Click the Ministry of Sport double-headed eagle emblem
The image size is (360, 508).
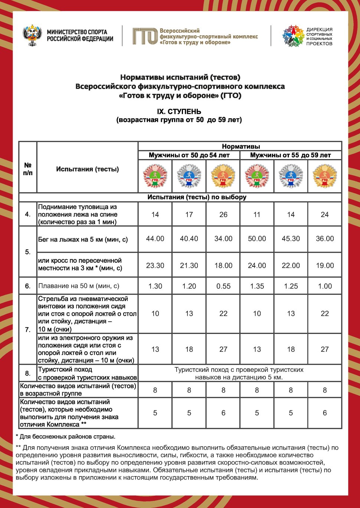pos(32,36)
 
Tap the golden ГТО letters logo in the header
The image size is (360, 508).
pos(145,36)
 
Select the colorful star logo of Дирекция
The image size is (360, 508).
pos(293,36)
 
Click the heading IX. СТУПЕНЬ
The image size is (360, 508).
pos(179,112)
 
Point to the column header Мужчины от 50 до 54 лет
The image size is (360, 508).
pos(189,155)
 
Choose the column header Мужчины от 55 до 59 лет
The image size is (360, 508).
pos(290,155)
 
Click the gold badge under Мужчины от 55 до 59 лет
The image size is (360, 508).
pos(325,176)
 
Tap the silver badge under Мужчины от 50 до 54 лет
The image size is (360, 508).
pos(189,176)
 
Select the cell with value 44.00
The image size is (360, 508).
pos(155,239)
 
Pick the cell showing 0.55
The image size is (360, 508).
pos(223,286)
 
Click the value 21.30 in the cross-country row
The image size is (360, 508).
pos(189,265)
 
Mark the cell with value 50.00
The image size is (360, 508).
pos(257,239)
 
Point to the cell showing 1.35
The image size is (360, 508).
pos(257,286)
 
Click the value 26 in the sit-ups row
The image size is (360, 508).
pos(223,214)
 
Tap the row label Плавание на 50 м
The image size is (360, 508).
pos(79,286)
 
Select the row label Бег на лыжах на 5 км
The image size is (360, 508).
pos(83,239)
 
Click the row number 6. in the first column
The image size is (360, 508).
pos(28,286)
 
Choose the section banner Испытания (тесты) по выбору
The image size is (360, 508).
pos(197,197)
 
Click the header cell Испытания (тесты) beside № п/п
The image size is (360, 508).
pos(88,169)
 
